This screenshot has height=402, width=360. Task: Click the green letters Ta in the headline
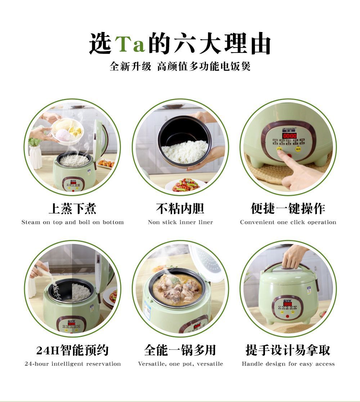coord(130,44)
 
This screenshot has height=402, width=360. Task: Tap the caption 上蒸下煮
coord(73,208)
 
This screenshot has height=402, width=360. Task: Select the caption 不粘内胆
coord(180,208)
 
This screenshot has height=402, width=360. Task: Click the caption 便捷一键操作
coord(288,208)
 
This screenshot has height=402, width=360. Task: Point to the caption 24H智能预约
coord(73,350)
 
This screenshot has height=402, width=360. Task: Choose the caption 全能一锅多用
coord(180,350)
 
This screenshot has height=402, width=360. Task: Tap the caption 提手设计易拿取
coord(288,350)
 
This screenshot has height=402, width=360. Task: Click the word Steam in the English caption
coord(31,222)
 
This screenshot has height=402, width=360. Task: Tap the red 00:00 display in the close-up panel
coord(290,136)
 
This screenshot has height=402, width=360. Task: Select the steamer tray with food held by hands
coord(67,130)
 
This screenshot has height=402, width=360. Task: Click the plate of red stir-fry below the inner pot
coord(185,185)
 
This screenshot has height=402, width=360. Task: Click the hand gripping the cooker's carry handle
coord(294,256)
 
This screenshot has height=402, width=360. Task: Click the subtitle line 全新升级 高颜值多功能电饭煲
coord(180,67)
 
